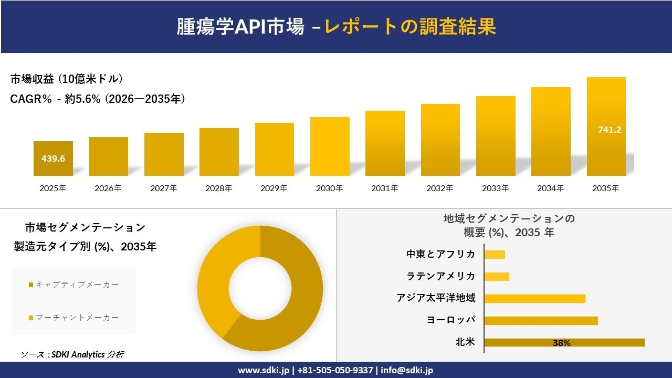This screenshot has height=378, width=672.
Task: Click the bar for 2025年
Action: pos(53,159)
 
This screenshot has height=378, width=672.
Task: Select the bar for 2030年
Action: pos(330,146)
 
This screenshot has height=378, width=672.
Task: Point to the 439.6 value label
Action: pos(53,158)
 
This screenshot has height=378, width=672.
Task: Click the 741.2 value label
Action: pos(610,130)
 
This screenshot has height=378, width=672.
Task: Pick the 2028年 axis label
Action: pos(219,188)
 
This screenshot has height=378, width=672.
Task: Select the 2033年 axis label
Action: pos(496,188)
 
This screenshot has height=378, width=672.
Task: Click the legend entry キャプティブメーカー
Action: pos(73,285)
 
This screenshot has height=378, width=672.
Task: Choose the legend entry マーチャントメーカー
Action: pos(73,318)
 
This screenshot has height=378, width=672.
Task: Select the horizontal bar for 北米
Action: pos(564,342)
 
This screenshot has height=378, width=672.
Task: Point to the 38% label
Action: pos(561,343)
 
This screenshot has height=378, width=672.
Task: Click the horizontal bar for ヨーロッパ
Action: pos(541,320)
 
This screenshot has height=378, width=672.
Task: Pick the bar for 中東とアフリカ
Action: pos(495,255)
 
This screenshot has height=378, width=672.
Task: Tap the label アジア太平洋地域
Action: pos(436,298)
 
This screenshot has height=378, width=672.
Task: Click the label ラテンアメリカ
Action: pos(441,276)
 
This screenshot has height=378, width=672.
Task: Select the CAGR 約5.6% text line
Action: pos(98,99)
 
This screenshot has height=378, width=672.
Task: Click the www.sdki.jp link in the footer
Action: pos(264,370)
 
